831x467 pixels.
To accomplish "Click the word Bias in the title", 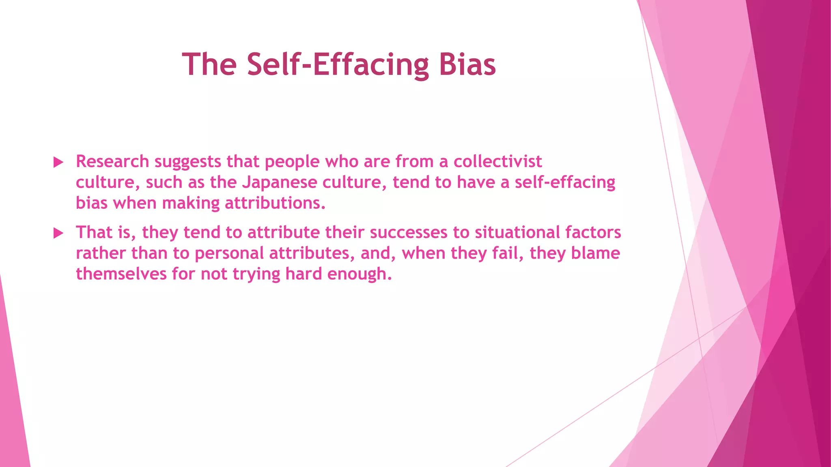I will (x=467, y=65).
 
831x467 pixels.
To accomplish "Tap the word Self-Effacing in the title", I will (x=338, y=65).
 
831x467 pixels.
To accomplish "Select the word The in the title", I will (x=209, y=65).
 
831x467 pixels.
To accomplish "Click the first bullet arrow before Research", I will (x=59, y=163).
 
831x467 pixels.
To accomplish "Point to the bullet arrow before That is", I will (x=59, y=233).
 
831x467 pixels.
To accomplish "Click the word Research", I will (x=112, y=162).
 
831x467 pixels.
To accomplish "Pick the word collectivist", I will (x=497, y=162).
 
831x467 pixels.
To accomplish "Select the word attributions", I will (x=275, y=203).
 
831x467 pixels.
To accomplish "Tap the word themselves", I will (x=121, y=274).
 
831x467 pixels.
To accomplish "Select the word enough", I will (x=359, y=274).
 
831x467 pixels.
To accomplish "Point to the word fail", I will (x=507, y=253).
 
